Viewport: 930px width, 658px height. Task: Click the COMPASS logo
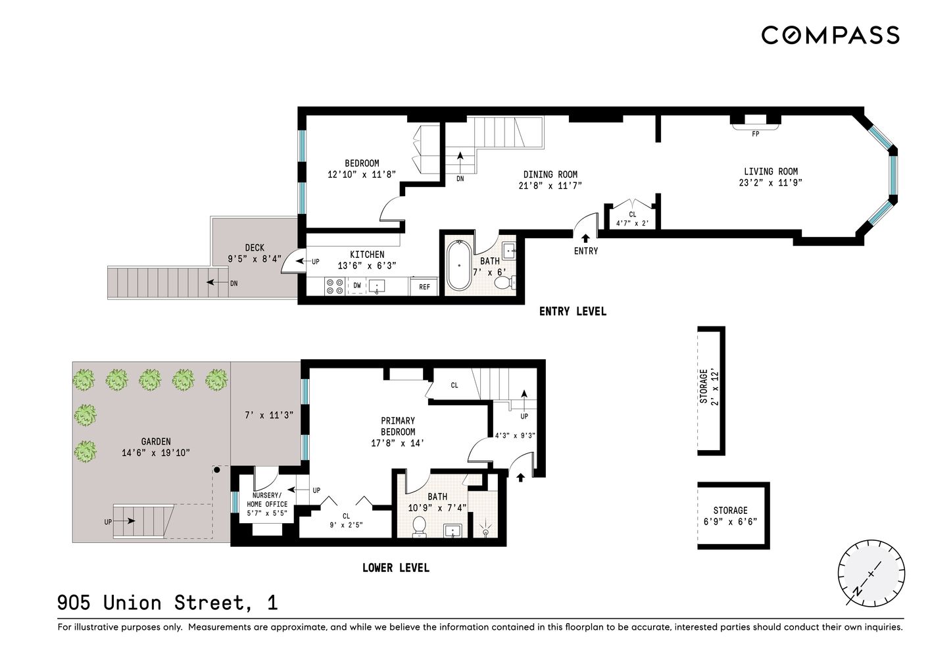click(830, 35)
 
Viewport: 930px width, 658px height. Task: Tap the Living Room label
click(771, 172)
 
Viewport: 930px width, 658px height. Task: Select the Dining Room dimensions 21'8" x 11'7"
click(550, 186)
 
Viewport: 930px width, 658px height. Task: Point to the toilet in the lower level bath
click(419, 526)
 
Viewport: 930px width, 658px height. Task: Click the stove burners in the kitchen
click(335, 286)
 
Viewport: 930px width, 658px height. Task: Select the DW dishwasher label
click(357, 286)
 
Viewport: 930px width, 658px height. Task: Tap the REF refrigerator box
click(424, 287)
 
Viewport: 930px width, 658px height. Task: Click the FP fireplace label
click(755, 134)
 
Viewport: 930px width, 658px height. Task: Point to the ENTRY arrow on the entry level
click(585, 238)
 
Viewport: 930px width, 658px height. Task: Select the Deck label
click(255, 248)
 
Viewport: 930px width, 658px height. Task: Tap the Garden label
click(156, 442)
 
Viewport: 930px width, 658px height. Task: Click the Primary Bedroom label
click(398, 426)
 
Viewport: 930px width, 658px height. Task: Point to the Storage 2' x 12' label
click(708, 387)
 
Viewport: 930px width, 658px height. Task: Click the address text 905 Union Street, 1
click(167, 603)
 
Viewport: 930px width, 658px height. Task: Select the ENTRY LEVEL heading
click(572, 311)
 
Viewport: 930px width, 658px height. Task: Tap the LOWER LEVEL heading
click(395, 568)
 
